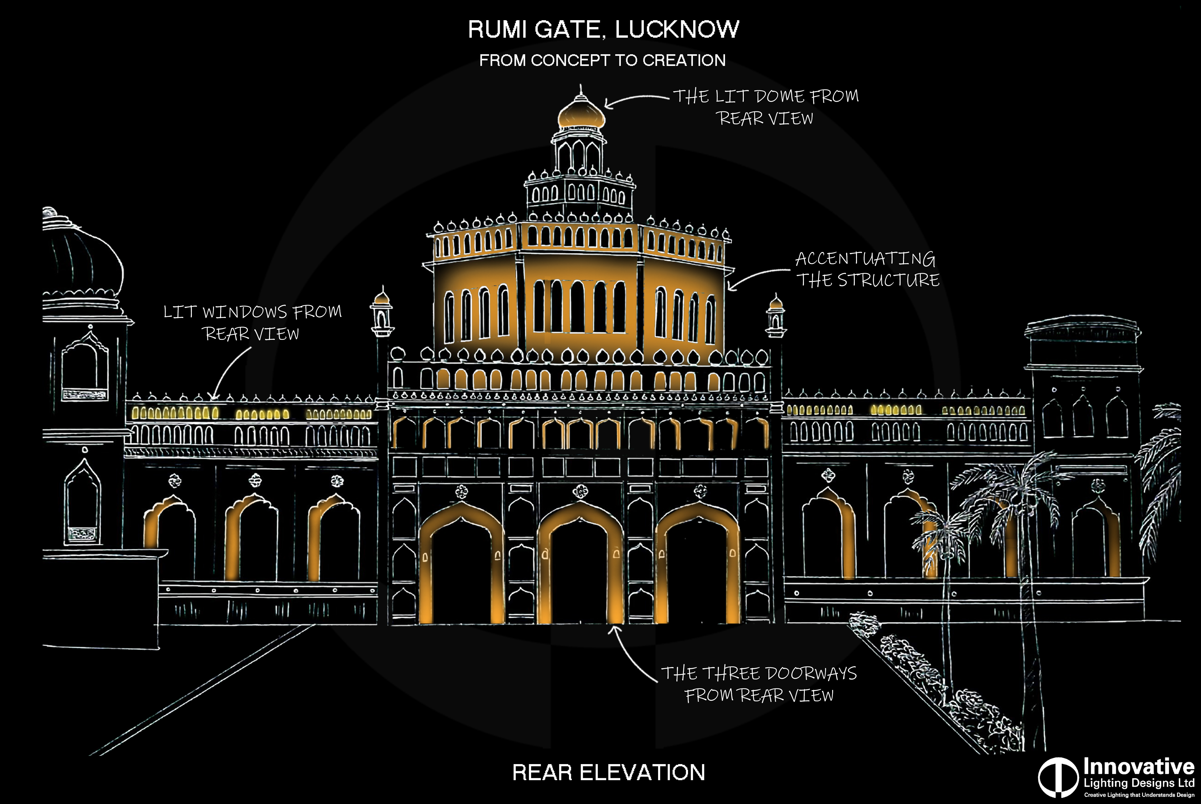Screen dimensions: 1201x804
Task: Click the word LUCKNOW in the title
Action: [677, 29]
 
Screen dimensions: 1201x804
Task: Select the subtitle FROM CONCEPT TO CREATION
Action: [602, 61]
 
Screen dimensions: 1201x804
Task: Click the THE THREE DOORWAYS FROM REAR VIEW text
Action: [759, 684]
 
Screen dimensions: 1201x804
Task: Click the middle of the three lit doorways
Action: [580, 564]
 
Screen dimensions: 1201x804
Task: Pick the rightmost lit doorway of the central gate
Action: [698, 564]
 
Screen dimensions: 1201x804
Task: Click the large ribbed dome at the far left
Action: [82, 262]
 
